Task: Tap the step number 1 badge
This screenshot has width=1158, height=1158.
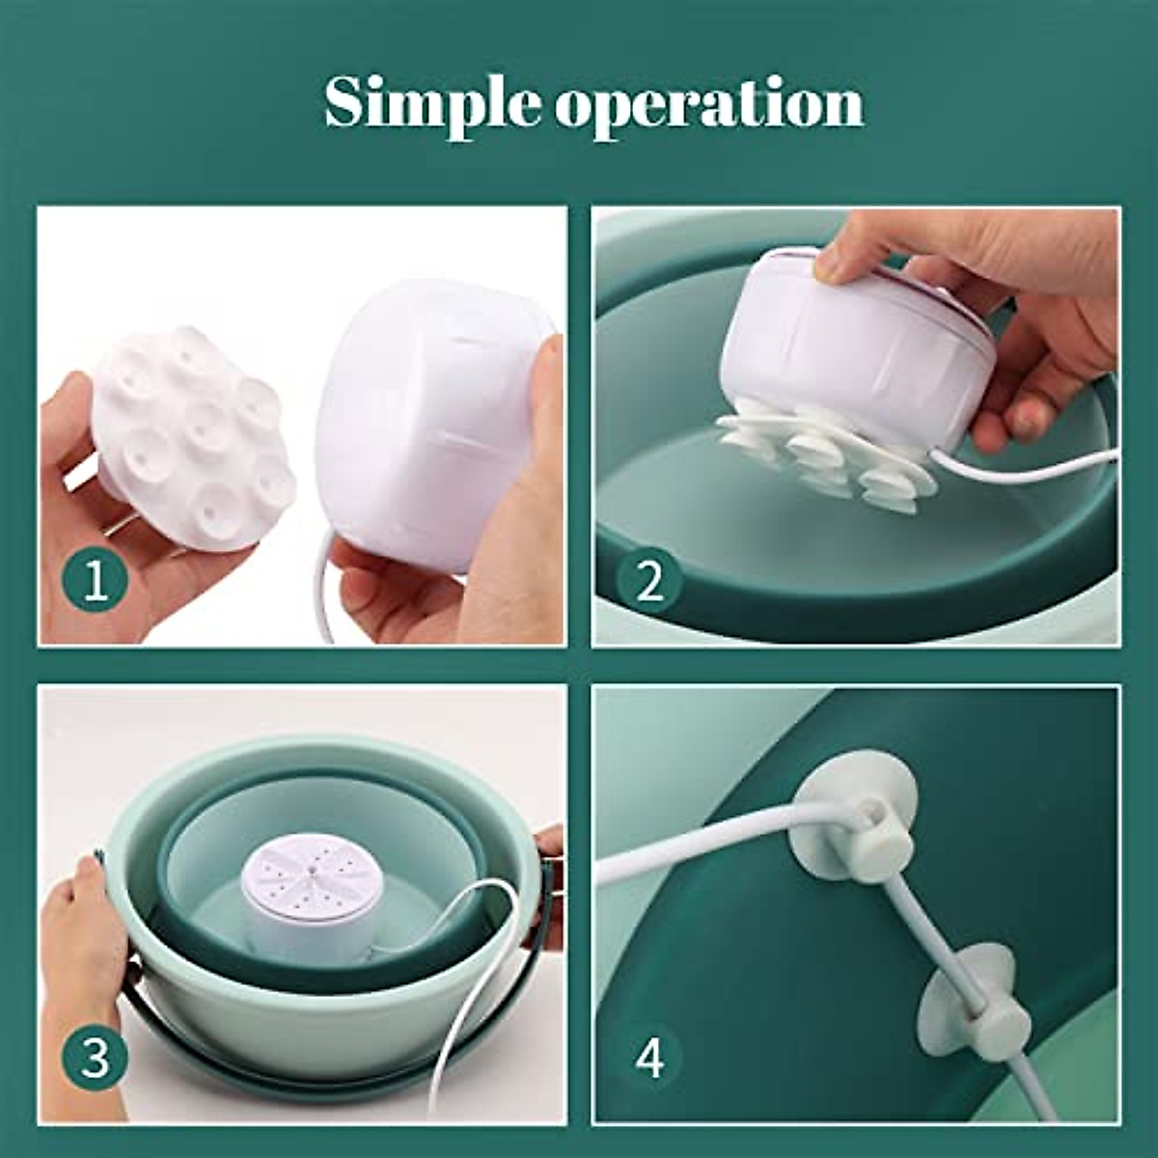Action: (95, 581)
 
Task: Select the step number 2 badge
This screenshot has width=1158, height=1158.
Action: (648, 581)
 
